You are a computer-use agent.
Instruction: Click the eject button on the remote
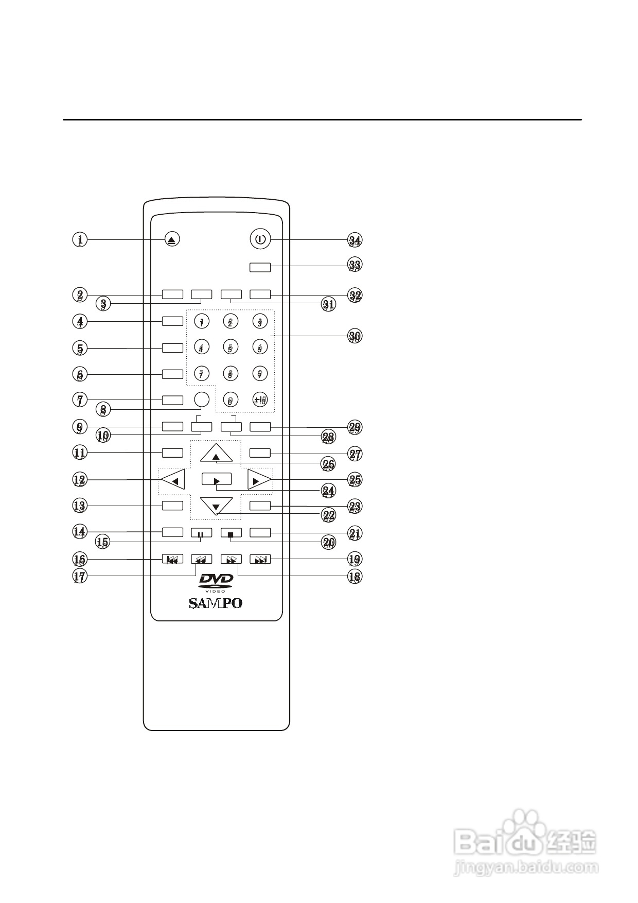[x=173, y=239]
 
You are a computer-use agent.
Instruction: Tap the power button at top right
[x=260, y=239]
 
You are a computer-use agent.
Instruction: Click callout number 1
[x=80, y=239]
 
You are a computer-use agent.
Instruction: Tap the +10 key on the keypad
[x=260, y=400]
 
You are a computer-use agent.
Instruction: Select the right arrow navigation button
[x=258, y=480]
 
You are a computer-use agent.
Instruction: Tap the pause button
[x=201, y=533]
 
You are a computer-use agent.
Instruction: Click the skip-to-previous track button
[x=172, y=560]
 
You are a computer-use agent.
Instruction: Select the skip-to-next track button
[x=260, y=560]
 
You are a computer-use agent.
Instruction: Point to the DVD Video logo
[x=216, y=583]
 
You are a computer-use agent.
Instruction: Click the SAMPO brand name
[x=216, y=603]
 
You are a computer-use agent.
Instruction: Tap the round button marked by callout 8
[x=202, y=399]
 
